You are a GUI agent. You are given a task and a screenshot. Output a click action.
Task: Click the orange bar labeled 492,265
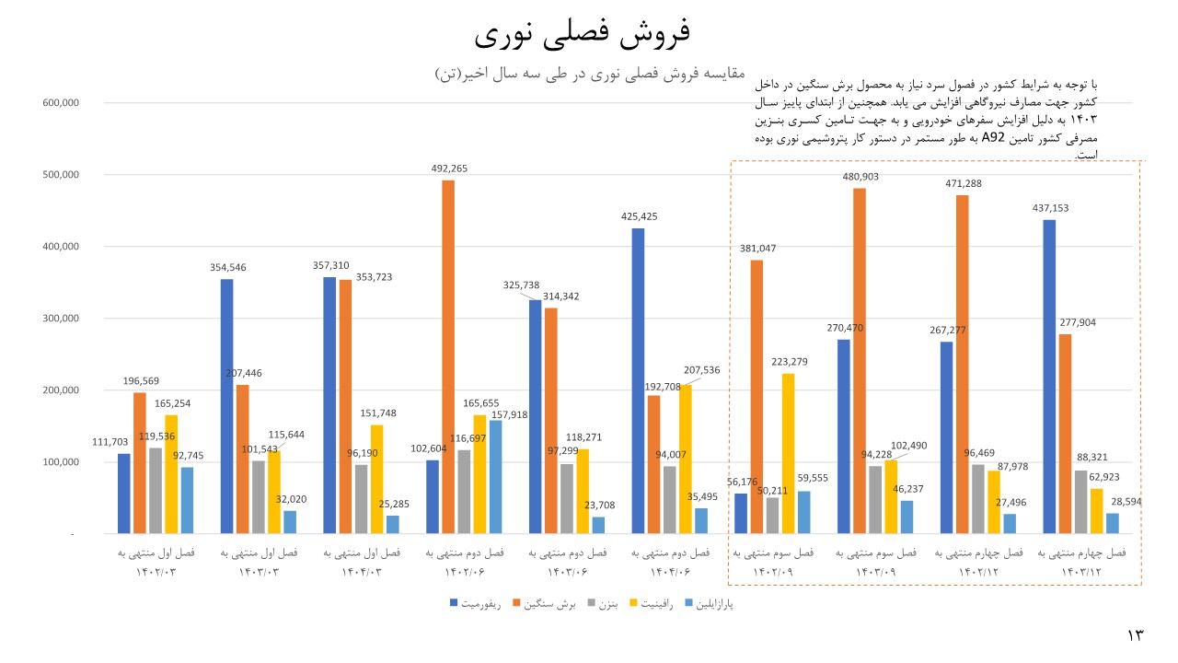448,357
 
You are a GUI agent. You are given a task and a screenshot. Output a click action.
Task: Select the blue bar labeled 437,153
1049,377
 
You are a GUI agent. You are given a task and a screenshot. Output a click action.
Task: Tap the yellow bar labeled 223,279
788,453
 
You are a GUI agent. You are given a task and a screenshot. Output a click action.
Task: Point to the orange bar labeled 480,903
860,361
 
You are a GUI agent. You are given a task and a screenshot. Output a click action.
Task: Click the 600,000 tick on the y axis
60,102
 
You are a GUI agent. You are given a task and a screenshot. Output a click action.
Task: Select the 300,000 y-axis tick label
60,319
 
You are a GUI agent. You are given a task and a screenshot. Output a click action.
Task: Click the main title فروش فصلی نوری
583,34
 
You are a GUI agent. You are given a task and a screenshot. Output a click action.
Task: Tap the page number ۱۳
1134,635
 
